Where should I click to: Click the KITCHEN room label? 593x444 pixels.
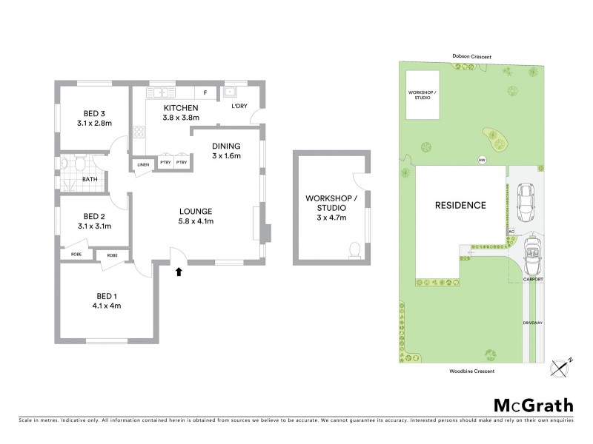coord(181,108)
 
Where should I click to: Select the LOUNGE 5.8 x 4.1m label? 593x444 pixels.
coord(195,215)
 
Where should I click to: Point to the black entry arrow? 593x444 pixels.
coord(178,272)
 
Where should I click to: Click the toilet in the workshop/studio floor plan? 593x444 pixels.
coord(354,249)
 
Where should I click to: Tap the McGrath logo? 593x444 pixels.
coord(533,406)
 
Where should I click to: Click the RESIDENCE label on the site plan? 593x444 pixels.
coord(460,205)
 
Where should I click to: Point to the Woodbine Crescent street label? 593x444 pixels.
coord(471,370)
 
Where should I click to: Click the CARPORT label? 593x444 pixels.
coord(533,279)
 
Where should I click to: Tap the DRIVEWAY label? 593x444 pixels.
coord(533,323)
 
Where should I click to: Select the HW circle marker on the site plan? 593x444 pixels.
coord(482,160)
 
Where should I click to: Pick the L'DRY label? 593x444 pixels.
coord(239,107)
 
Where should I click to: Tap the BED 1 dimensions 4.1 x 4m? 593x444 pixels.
coord(107,305)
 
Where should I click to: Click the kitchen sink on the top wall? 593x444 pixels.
coord(158,92)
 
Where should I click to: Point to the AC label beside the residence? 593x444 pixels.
coord(511,232)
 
